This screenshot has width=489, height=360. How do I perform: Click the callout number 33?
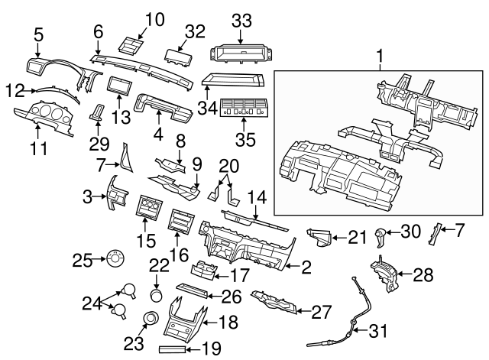coord(241,23)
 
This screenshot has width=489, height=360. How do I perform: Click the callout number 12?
coord(16,90)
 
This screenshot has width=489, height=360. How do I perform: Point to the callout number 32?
coord(196,31)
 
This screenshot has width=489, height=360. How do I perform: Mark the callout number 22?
coord(158,264)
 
